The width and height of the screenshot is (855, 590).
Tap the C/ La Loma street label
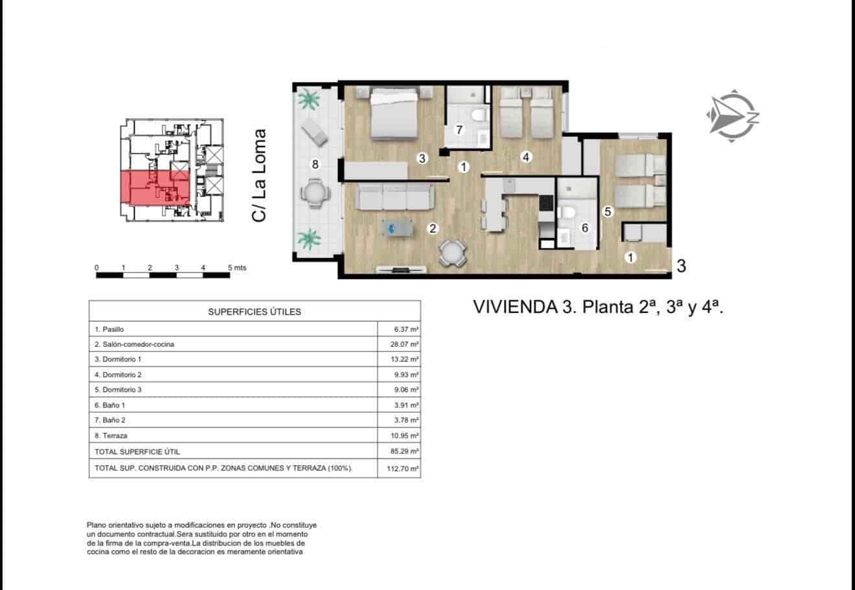tap(259, 176)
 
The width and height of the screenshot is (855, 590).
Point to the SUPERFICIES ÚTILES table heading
tap(255, 312)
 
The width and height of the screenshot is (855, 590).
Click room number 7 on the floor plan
tap(459, 130)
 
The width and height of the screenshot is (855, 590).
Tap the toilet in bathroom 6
tap(567, 212)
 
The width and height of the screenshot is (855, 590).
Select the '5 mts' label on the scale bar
tap(236, 268)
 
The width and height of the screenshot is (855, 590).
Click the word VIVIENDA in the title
tap(512, 307)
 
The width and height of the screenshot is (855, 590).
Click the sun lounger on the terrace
tap(315, 130)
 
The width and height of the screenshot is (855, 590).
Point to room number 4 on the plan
tap(526, 156)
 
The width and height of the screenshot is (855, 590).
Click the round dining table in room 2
tap(452, 253)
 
